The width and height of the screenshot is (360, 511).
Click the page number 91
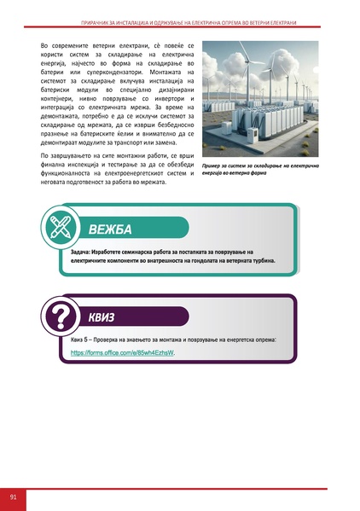click(x=14, y=496)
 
